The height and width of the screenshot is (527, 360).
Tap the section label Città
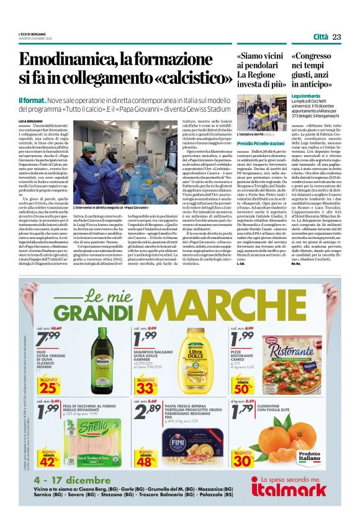(321, 37)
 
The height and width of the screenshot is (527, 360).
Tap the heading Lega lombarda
(305, 97)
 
